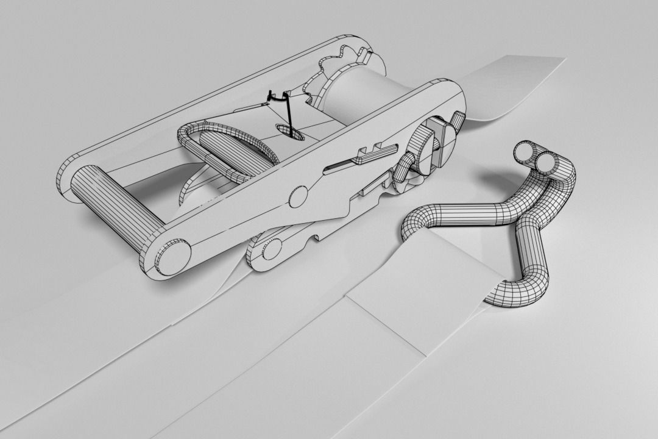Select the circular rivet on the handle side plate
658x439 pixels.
(298, 197)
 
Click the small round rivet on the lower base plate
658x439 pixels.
(272, 249)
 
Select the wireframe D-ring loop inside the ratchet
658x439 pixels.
(228, 149)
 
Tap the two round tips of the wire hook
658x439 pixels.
(536, 157)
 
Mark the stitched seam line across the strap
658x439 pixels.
(384, 323)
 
